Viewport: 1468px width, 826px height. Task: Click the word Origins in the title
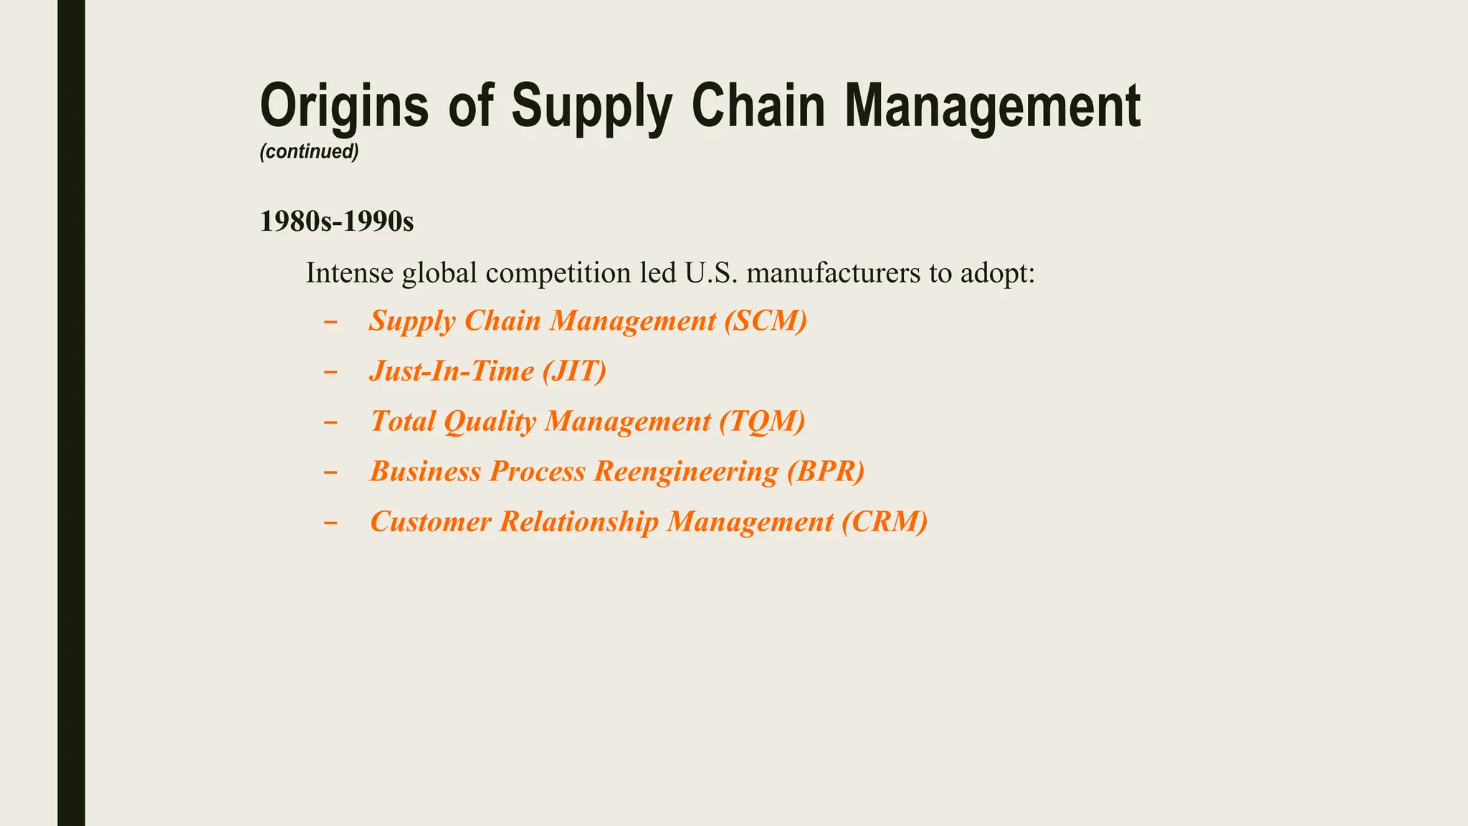click(x=344, y=106)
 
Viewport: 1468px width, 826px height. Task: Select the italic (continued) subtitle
click(x=309, y=152)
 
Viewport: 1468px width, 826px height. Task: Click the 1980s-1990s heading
click(x=337, y=222)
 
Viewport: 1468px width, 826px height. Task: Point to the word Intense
click(x=349, y=273)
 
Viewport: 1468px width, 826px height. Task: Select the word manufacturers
click(x=833, y=273)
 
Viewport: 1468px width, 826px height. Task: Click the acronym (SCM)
click(x=766, y=321)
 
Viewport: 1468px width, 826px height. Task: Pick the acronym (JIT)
click(x=574, y=371)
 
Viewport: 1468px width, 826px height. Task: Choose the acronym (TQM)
click(x=763, y=421)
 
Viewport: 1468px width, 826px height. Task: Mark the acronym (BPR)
click(x=826, y=471)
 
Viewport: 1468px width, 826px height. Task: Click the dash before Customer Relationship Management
click(x=330, y=522)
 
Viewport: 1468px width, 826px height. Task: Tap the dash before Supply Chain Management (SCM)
click(x=330, y=321)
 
